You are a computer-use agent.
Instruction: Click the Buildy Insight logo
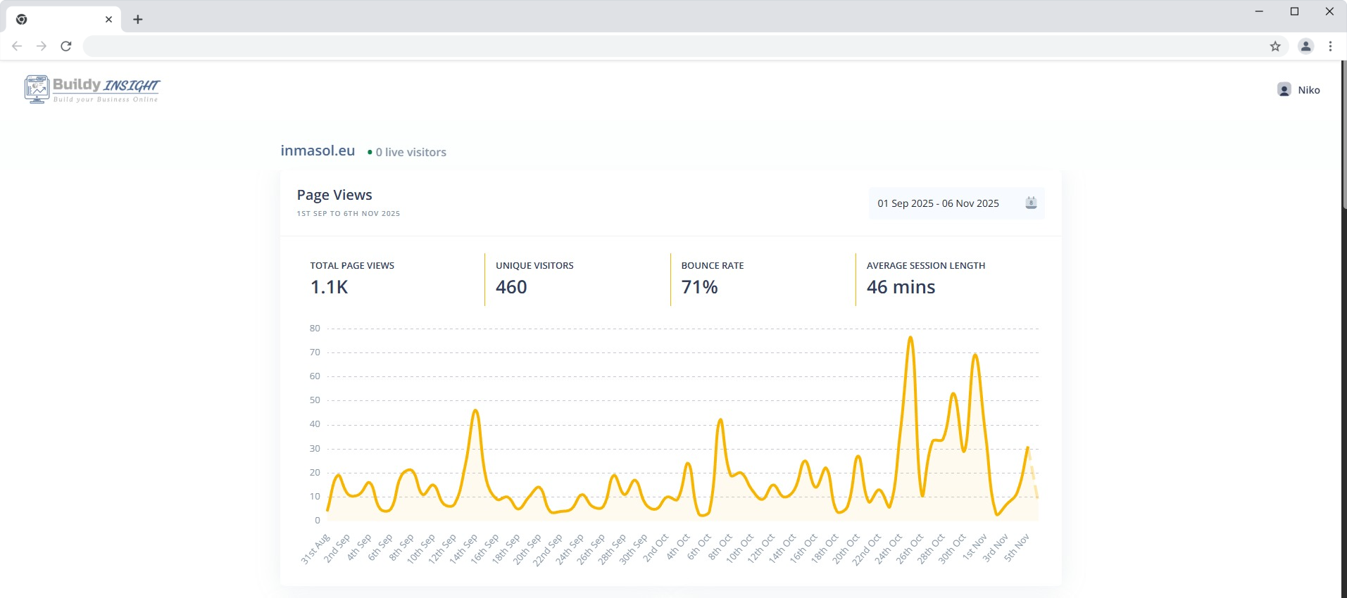(92, 89)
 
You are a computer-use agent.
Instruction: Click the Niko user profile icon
(1284, 90)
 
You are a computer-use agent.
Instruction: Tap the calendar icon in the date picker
(1031, 203)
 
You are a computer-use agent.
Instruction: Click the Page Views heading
(334, 195)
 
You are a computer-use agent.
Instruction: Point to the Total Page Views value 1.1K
(329, 287)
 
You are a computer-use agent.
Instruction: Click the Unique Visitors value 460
(511, 287)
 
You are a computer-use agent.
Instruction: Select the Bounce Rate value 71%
(699, 287)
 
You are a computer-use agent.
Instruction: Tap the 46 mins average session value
(901, 287)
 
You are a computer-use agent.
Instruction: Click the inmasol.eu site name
(318, 151)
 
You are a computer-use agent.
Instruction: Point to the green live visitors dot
(370, 152)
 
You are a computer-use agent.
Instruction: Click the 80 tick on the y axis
(315, 329)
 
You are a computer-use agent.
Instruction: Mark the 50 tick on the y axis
(315, 400)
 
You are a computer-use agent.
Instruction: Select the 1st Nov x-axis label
(975, 546)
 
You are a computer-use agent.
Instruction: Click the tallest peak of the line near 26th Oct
(910, 338)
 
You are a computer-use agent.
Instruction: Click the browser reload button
(66, 46)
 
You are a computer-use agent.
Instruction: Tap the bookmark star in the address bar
(1275, 46)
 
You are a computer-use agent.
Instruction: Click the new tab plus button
(138, 20)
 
